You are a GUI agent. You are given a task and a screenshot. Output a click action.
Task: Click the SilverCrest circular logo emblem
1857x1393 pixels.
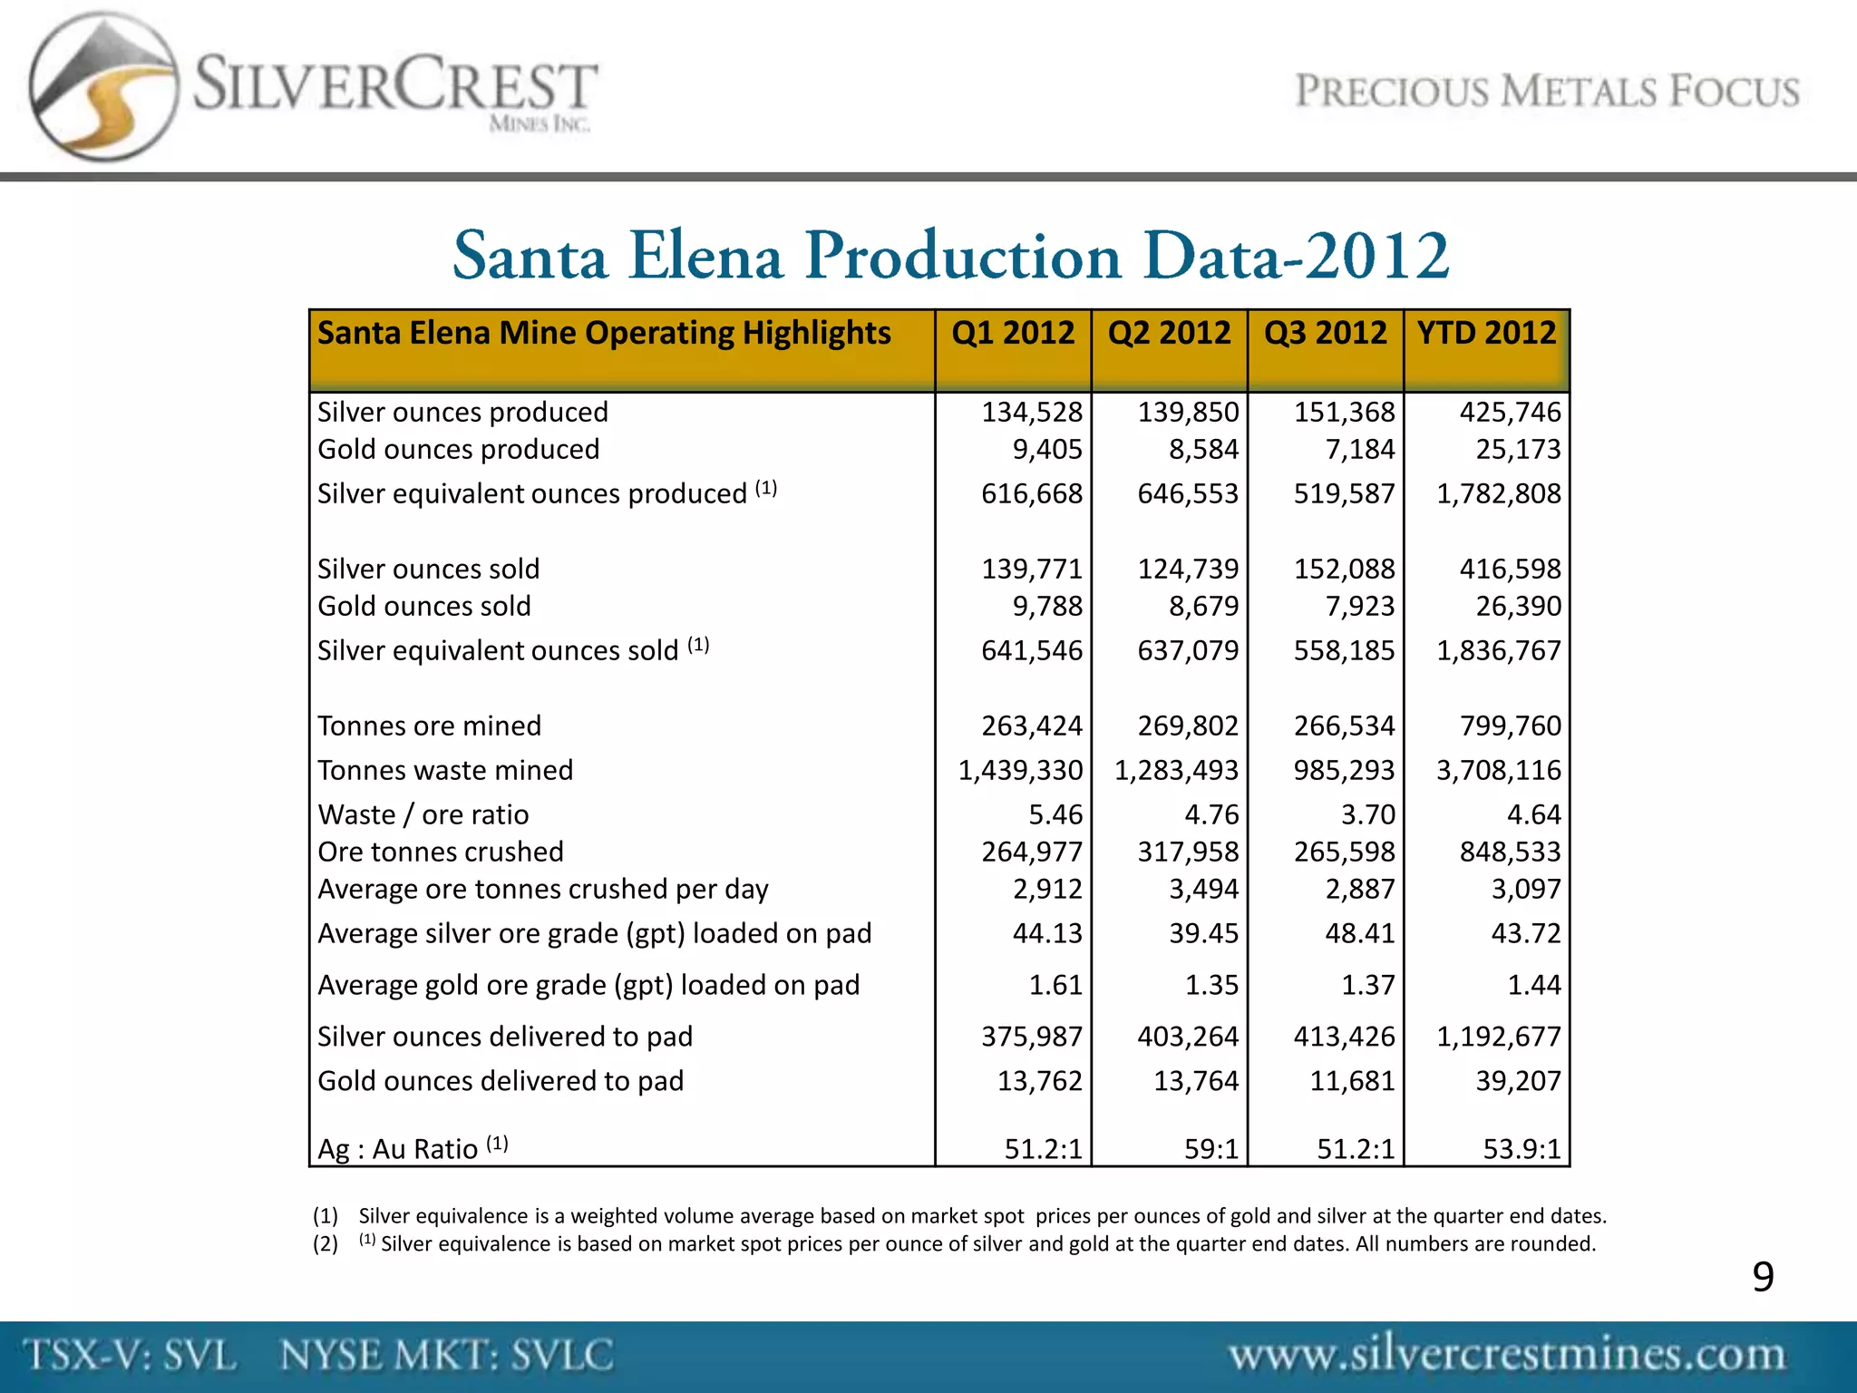pos(102,87)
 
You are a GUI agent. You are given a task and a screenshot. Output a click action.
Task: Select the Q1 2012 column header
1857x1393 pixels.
pos(1013,334)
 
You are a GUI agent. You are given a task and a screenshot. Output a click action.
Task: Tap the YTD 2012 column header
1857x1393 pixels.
pos(1486,334)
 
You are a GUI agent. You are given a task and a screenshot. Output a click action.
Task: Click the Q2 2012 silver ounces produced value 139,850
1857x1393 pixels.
pos(1188,413)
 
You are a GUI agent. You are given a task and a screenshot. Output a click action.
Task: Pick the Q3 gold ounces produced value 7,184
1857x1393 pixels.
pos(1360,450)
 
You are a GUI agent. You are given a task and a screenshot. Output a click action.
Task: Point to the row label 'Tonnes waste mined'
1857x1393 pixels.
pos(445,771)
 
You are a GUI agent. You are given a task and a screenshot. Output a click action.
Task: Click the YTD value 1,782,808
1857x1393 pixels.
pos(1499,494)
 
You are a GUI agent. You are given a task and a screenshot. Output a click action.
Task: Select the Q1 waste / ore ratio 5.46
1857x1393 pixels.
pos(1055,815)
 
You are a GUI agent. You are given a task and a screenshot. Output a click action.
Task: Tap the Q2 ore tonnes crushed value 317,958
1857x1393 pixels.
pos(1188,852)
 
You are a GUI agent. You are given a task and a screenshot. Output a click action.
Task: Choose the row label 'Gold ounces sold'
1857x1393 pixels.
pos(424,607)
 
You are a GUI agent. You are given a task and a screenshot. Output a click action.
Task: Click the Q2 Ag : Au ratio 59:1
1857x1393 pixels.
pos(1211,1150)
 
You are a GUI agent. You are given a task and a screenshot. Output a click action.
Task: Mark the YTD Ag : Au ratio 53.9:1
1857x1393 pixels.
pos(1522,1150)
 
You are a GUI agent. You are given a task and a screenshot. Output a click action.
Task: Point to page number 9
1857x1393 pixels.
pos(1763,1277)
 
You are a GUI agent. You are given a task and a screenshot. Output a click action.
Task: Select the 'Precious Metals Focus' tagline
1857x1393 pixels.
pos(1547,93)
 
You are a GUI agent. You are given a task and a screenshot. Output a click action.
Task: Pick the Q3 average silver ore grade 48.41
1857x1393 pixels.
pos(1360,934)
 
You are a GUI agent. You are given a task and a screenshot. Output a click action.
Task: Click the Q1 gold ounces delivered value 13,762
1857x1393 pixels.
pos(1039,1082)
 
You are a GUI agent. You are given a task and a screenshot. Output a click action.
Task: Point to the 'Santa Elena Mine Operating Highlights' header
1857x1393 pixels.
pos(604,334)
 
